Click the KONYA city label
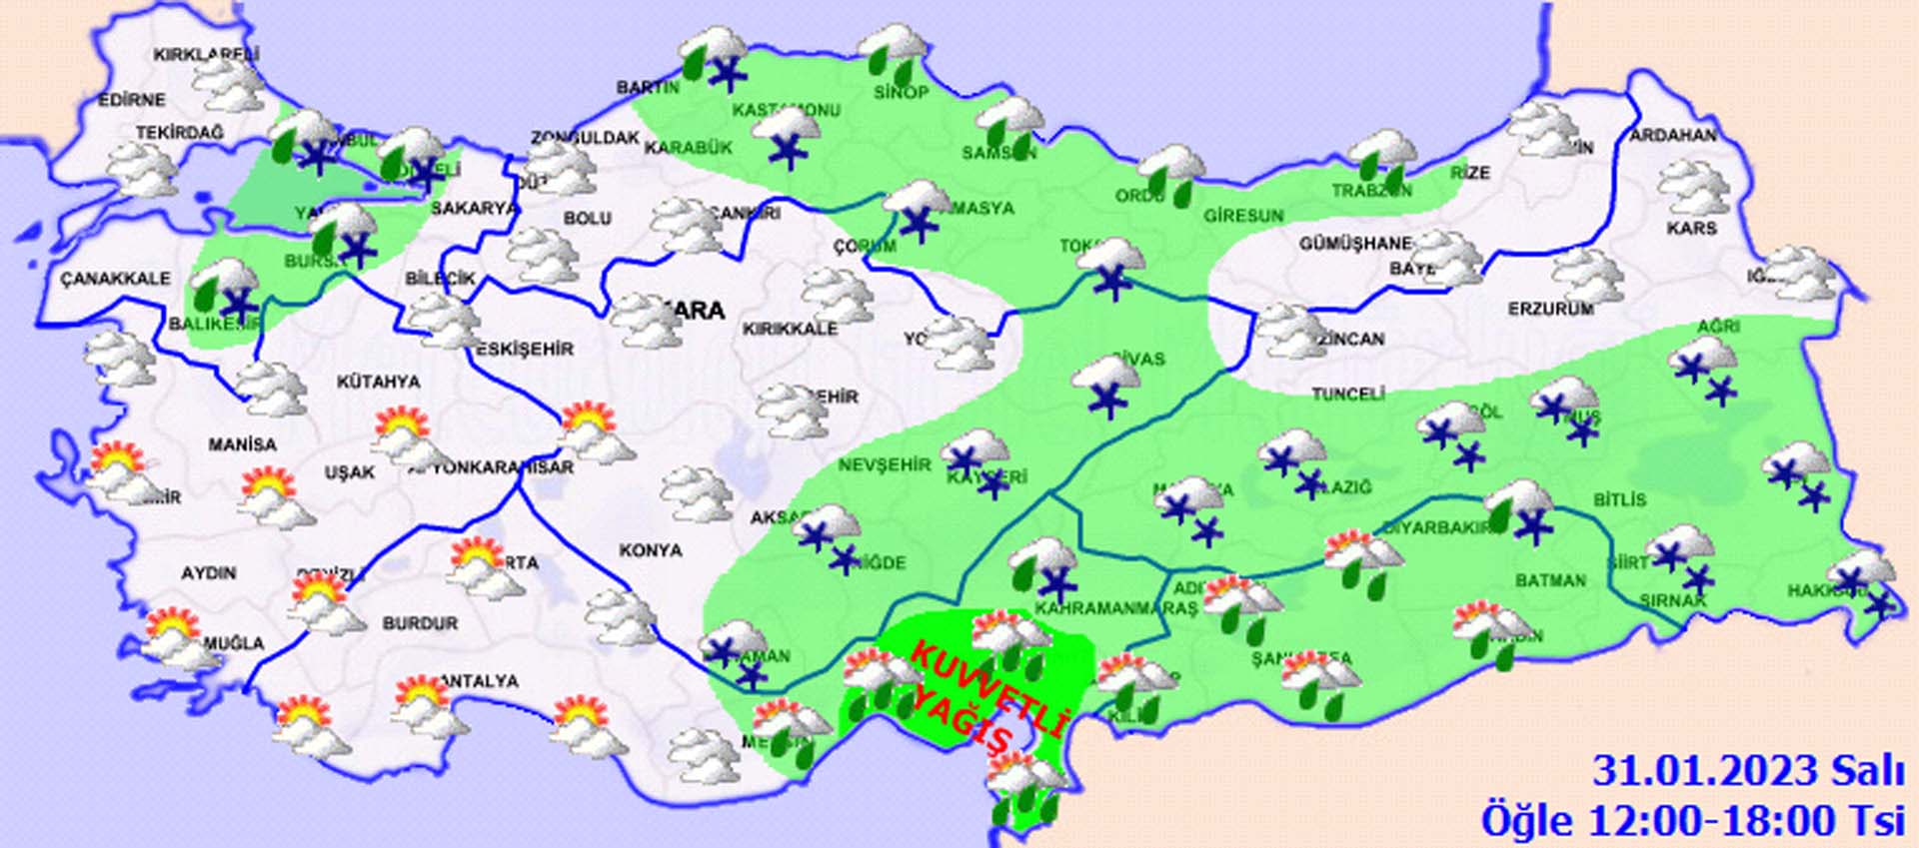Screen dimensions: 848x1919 651,550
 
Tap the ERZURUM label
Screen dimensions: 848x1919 1551,310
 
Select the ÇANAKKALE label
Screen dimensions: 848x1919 115,279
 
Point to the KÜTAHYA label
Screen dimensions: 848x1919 378,382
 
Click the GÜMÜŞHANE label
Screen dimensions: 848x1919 1355,244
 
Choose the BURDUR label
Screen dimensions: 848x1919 420,623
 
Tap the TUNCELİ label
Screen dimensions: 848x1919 1347,395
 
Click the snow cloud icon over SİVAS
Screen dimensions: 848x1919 1104,385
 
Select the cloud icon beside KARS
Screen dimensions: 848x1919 1692,187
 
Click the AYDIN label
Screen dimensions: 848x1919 209,573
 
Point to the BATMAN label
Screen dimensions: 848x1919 1550,580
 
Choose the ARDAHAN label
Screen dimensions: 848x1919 1673,135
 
